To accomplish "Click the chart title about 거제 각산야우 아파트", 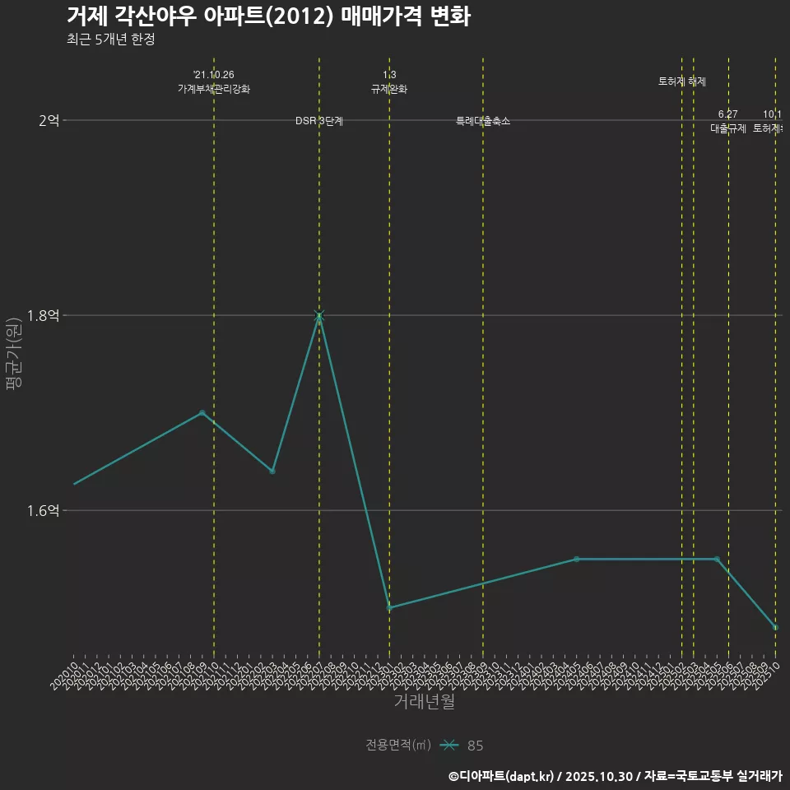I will pos(268,16).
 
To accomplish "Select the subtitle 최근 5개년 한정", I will pos(110,39).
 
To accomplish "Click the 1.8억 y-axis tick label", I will pos(43,316).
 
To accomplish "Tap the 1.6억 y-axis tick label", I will pos(43,511).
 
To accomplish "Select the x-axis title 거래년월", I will pos(424,702).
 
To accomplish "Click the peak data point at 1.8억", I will pos(319,316).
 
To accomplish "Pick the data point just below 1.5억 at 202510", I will pos(775,628).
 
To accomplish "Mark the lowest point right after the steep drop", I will pos(389,608).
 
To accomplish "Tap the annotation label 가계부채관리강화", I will pos(214,89).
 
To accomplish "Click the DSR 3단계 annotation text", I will pos(319,121).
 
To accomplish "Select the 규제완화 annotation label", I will pos(389,89).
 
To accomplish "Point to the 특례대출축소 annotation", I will pos(483,121).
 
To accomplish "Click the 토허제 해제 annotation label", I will pos(682,81).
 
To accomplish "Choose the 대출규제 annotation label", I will pos(728,128).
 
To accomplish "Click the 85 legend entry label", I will pos(476,746).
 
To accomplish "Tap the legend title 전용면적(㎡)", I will pos(398,745).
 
